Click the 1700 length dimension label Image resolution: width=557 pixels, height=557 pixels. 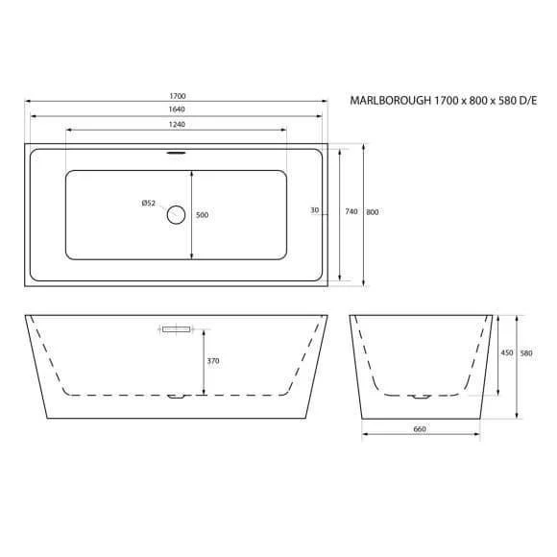click(x=178, y=96)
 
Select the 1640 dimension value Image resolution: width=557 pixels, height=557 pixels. click(x=177, y=109)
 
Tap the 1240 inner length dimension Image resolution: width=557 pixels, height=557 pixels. click(x=177, y=124)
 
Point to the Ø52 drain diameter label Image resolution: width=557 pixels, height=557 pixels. click(x=149, y=204)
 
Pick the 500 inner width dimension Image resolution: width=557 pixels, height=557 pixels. click(x=202, y=215)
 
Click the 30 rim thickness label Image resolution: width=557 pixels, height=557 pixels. click(x=315, y=210)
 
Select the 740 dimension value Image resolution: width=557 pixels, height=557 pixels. click(x=351, y=211)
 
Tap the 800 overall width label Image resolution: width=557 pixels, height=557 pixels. click(x=373, y=212)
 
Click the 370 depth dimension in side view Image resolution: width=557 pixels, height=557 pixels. click(x=213, y=361)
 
